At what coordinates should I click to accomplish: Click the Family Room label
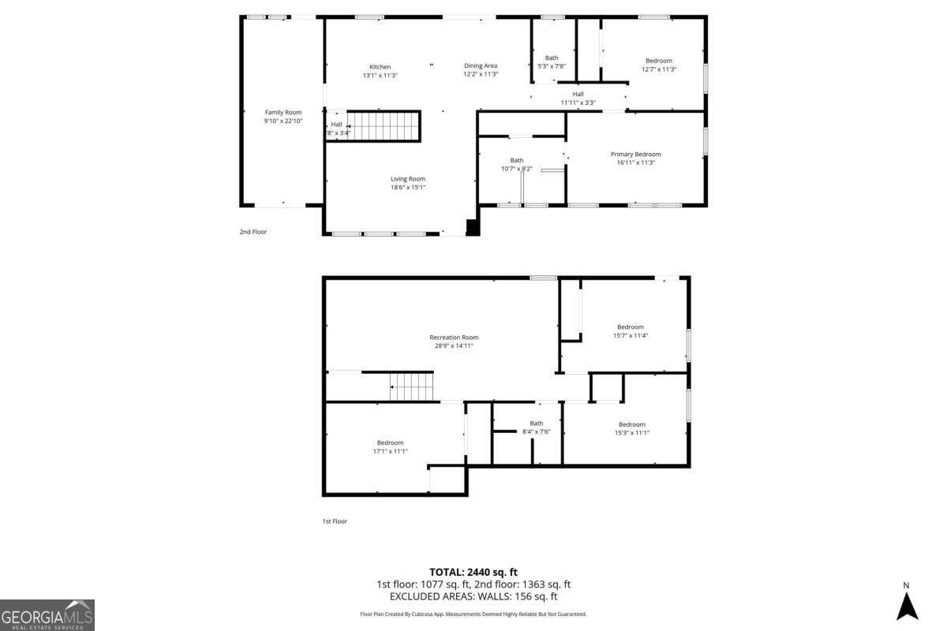coord(283,112)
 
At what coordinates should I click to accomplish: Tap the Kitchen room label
coord(380,66)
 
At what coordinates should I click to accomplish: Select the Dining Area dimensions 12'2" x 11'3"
coord(480,75)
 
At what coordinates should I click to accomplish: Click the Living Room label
coord(408,178)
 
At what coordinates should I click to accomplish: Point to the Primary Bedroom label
coord(635,154)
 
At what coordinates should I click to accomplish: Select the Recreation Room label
coord(454,337)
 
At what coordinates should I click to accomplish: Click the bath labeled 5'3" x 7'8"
coord(552,62)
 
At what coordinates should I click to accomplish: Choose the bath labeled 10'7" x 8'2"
coord(517,164)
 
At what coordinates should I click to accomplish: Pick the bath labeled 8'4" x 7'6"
coord(536,428)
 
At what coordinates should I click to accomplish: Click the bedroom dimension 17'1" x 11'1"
coord(390,451)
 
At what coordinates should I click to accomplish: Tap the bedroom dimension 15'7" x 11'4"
coord(630,335)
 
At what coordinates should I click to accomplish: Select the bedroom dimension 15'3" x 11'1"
coord(631,432)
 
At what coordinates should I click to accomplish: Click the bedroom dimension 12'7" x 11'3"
coord(659,69)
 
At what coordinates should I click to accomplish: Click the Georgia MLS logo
coord(47,614)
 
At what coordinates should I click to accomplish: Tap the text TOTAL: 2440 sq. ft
coord(473,572)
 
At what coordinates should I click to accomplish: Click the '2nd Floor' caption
coord(253,232)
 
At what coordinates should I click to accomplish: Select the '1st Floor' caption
coord(335,521)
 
